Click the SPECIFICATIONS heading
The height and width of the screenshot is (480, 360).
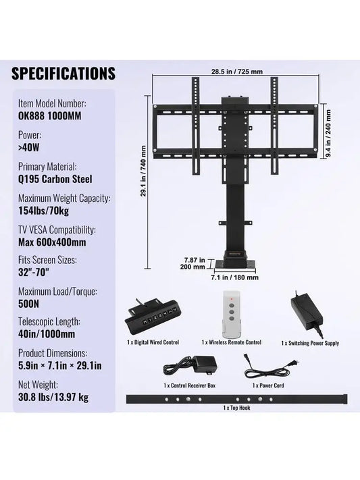(x=63, y=74)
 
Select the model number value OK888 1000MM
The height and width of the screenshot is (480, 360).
(x=50, y=116)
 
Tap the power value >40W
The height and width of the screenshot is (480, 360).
(x=29, y=148)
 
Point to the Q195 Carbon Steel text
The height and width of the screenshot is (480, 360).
(x=55, y=179)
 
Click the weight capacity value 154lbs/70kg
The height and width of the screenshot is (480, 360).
(x=43, y=211)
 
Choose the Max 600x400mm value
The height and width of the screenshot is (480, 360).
(x=52, y=242)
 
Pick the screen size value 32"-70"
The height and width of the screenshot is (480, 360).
(x=34, y=272)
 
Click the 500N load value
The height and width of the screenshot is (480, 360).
(x=29, y=304)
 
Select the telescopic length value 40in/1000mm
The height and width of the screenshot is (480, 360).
(x=47, y=334)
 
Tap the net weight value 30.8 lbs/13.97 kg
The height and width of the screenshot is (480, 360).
(x=53, y=398)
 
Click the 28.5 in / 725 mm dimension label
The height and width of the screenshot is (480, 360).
(x=237, y=72)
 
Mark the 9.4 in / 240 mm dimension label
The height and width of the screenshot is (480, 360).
(x=328, y=134)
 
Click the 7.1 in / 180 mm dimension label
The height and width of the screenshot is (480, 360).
(x=234, y=277)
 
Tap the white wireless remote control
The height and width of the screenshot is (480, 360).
(x=232, y=313)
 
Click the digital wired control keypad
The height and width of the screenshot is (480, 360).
(x=152, y=318)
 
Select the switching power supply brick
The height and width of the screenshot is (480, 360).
(x=307, y=313)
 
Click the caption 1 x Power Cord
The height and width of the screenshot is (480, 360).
(x=268, y=385)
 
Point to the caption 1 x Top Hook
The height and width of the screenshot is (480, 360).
(x=236, y=408)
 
